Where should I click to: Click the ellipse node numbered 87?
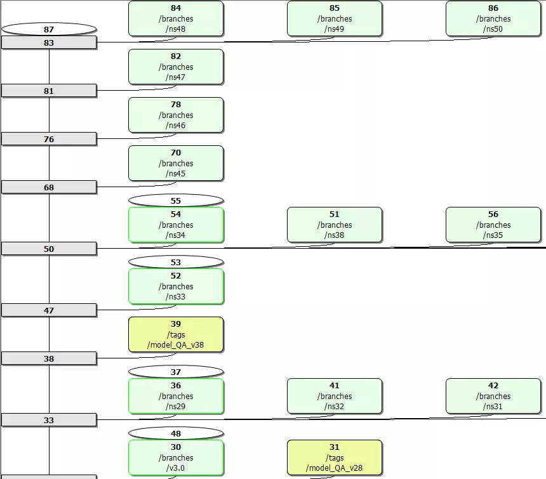coord(49,29)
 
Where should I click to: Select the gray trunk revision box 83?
coord(49,43)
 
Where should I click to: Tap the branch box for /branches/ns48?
coord(176,18)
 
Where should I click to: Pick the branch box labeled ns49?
coord(335,18)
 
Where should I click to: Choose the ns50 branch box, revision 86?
coord(493,18)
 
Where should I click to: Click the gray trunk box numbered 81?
coord(49,91)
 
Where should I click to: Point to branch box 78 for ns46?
coord(176,115)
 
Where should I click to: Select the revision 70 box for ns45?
coord(176,163)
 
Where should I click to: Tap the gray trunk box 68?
coord(49,187)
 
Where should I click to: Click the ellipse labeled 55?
coord(176,200)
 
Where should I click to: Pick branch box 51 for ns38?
coord(335,225)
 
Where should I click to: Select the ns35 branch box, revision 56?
coord(493,225)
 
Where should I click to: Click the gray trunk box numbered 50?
coord(49,249)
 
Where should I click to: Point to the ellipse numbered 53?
coord(176,262)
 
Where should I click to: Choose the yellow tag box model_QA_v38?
coord(176,334)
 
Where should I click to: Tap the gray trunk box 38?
coord(49,358)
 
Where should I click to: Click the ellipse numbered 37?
coord(176,372)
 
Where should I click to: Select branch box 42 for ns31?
coord(493,396)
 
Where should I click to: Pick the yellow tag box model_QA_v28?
coord(335,457)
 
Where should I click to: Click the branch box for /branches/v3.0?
coord(176,457)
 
